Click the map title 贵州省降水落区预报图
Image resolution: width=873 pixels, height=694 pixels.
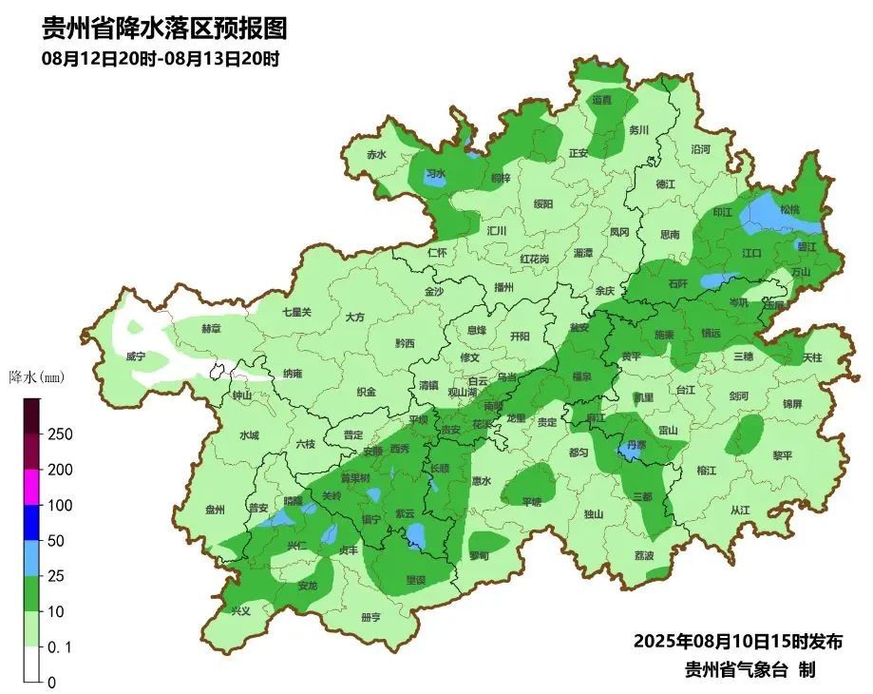point(163,29)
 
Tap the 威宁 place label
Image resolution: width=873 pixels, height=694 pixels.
point(136,357)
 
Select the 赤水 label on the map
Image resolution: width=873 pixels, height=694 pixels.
point(376,155)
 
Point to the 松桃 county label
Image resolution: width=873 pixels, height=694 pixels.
point(789,209)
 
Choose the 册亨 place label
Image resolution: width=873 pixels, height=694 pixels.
point(370,617)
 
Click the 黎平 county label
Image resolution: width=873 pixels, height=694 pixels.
point(782,455)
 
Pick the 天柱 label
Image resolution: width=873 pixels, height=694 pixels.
point(811,357)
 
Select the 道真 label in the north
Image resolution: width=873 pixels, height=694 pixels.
point(602,99)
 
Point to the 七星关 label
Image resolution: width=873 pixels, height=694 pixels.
point(296,312)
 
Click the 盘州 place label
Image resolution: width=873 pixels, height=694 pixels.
point(216,510)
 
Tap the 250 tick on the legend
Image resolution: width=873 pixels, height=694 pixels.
point(60,434)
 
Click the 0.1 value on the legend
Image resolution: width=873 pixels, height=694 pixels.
point(59,647)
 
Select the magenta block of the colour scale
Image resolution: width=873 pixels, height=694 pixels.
point(32,488)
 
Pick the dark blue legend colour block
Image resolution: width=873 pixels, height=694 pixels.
point(32,523)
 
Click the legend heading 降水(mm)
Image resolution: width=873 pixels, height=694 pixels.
point(35,377)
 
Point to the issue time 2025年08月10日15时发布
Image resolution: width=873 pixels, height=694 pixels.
point(737,641)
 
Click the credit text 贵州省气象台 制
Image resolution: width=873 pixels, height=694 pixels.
point(750,669)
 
